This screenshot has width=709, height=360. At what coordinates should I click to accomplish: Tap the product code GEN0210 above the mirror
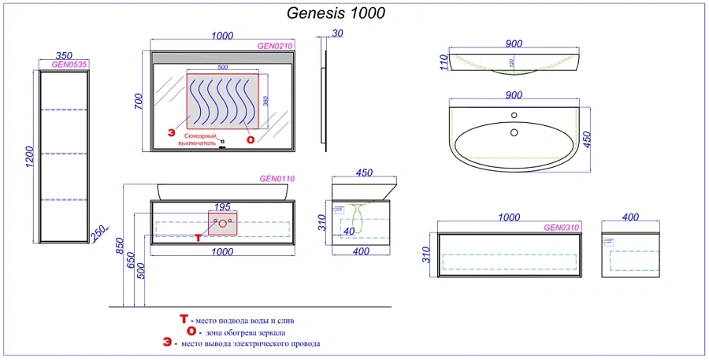point(275,46)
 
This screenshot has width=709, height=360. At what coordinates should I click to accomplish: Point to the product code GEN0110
point(277,179)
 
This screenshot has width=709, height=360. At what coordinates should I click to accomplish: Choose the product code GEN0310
point(561,228)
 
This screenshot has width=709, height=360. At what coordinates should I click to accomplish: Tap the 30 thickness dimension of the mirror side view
point(338,33)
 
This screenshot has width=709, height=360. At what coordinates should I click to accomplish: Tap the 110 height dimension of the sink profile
point(444,61)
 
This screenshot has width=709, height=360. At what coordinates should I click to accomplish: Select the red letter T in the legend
point(184,319)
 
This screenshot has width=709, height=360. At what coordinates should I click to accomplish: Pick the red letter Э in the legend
point(167,343)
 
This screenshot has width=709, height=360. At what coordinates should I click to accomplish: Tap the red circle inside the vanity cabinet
point(223,224)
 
